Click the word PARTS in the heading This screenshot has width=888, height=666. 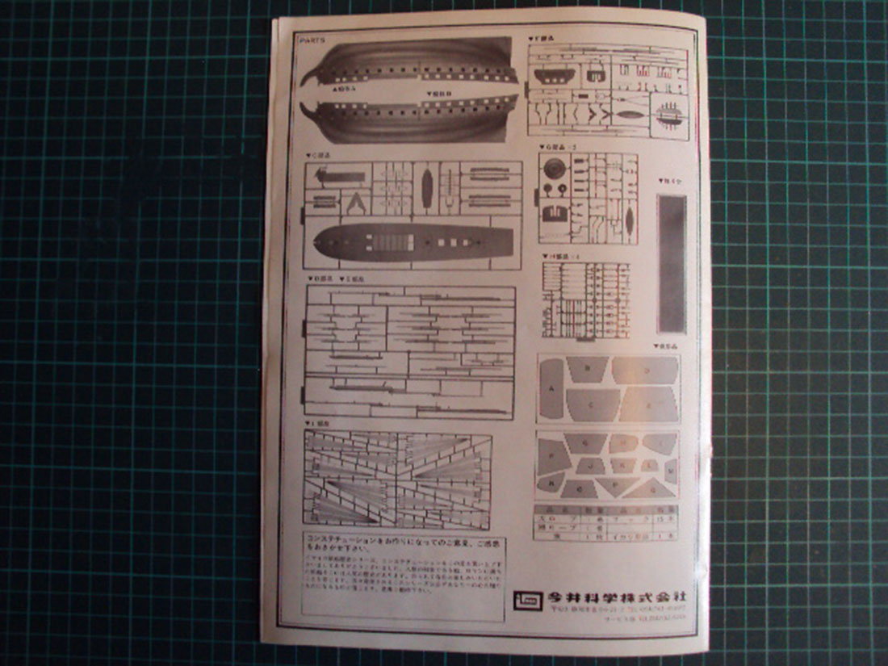(x=311, y=38)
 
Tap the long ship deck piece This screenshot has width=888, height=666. (x=413, y=240)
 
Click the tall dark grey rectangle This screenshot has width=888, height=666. (x=672, y=262)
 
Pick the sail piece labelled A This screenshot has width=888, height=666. (x=552, y=388)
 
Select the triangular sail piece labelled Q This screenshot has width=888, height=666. (x=650, y=488)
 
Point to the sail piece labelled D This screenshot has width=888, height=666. (x=645, y=370)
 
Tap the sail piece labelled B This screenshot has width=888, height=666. (x=586, y=368)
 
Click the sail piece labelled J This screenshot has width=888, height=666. (x=590, y=467)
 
